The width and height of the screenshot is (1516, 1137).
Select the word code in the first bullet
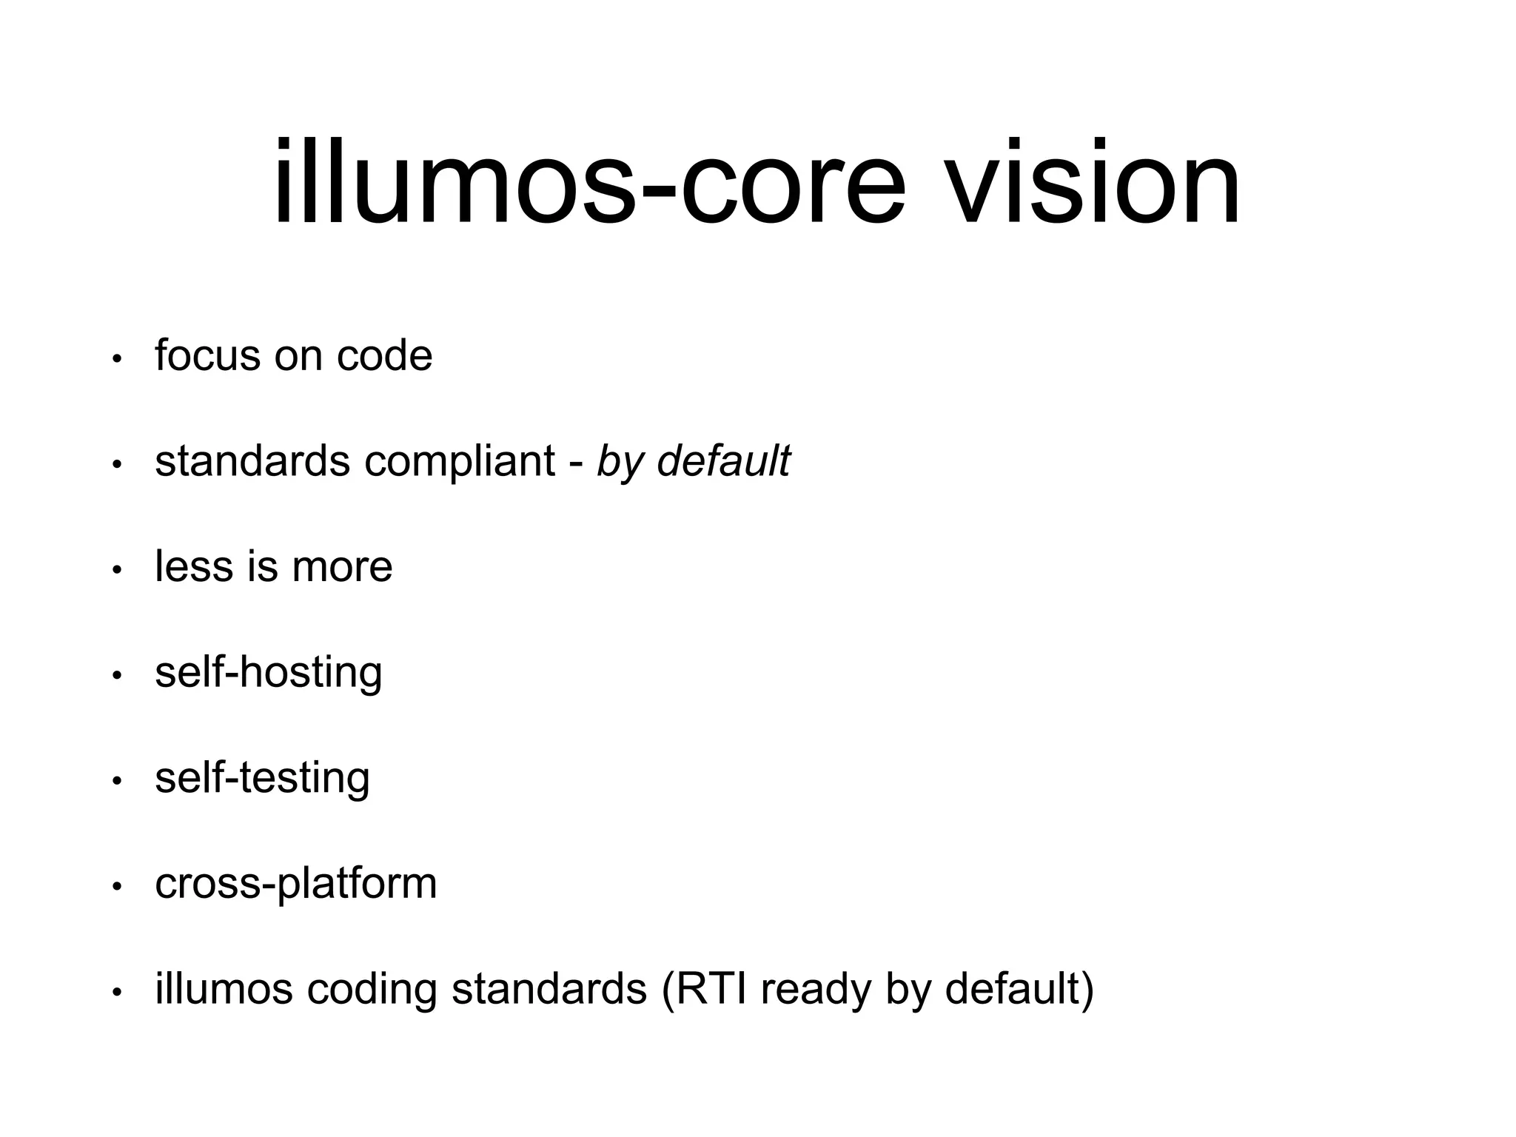[384, 357]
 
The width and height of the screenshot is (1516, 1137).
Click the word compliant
[459, 462]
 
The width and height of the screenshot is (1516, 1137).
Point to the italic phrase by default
[694, 462]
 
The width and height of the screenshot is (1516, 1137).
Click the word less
[194, 567]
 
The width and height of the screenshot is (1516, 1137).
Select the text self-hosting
[269, 674]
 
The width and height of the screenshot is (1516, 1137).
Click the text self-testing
[262, 779]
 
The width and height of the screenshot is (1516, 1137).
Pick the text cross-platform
[296, 885]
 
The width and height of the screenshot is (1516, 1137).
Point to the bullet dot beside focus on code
[116, 359]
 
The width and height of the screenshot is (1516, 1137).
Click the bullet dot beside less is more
[116, 570]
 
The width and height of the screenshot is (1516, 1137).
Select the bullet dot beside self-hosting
[116, 676]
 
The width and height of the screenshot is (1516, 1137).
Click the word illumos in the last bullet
[224, 989]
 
